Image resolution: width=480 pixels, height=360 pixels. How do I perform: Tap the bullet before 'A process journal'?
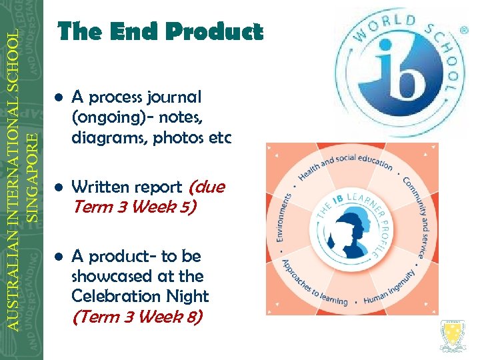click(59, 97)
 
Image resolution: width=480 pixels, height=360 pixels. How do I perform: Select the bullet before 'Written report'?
click(59, 187)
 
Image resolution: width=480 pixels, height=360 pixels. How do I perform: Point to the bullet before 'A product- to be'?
click(59, 257)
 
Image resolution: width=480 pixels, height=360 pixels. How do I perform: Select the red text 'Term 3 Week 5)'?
click(133, 207)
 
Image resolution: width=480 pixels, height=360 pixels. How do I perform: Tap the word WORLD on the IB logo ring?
click(380, 27)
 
